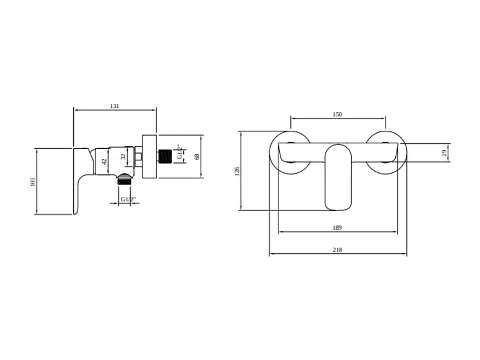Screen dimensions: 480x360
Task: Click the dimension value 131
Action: pos(115,106)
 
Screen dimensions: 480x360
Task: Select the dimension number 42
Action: pos(104,161)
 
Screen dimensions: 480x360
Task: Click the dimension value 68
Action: pos(197,156)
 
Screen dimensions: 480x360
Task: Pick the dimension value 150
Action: pos(337,114)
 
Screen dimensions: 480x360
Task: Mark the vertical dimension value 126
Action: pos(237,171)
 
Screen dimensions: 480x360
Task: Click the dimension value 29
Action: pos(444,153)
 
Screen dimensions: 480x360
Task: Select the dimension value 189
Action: pos(337,228)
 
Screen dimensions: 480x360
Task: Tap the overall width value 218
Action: pos(337,250)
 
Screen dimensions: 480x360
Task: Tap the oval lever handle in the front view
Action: pos(338,177)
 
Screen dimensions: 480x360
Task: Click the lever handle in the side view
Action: pos(82,181)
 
